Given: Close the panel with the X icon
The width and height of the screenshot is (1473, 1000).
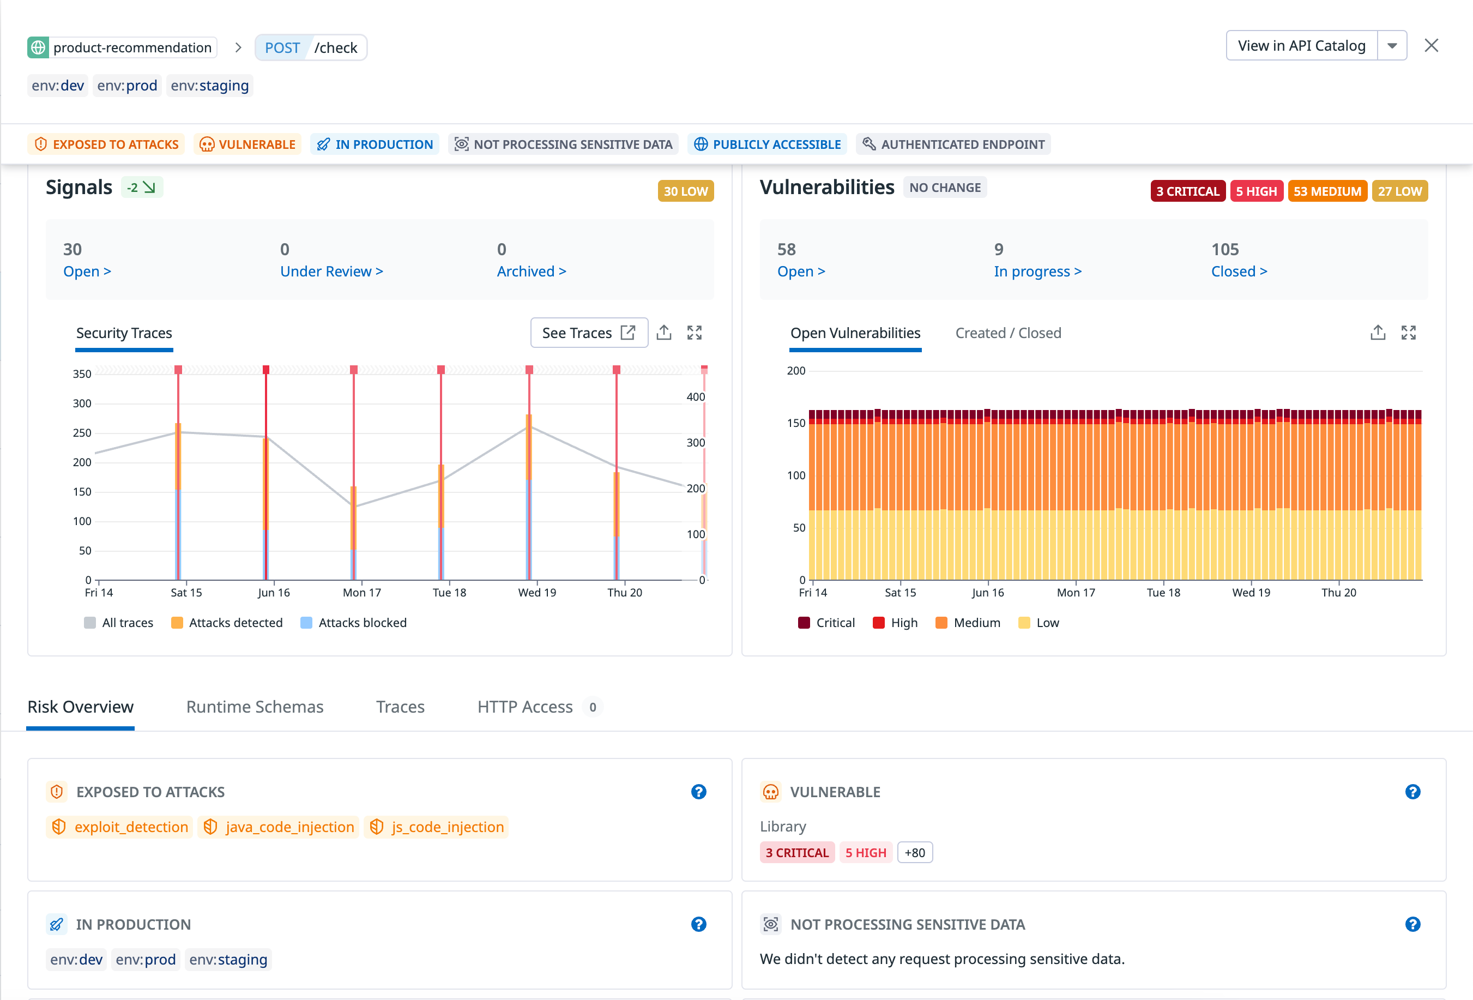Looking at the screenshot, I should (1430, 46).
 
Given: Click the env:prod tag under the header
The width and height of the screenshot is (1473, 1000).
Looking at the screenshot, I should (127, 86).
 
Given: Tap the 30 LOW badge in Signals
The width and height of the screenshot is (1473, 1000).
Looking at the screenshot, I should (685, 191).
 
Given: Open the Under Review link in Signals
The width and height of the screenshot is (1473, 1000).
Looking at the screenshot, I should (331, 272).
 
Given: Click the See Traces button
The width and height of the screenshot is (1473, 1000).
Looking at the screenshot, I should (588, 333).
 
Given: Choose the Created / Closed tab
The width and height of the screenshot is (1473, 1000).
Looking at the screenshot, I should (1008, 333).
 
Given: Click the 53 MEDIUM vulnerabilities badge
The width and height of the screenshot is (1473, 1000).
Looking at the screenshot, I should (1326, 191).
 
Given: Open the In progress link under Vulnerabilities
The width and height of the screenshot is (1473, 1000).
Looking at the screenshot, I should (1037, 272).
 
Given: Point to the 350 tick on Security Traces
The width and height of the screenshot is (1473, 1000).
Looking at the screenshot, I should (82, 374).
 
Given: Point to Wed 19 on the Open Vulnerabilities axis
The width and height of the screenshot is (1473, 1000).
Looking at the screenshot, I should (1251, 592).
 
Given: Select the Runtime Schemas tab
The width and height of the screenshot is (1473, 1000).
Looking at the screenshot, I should (255, 707).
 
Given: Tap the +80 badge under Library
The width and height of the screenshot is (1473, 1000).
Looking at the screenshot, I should (915, 852).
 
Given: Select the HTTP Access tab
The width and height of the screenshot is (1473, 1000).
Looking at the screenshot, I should (525, 707).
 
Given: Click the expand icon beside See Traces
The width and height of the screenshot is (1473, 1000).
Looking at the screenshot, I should (694, 333).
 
